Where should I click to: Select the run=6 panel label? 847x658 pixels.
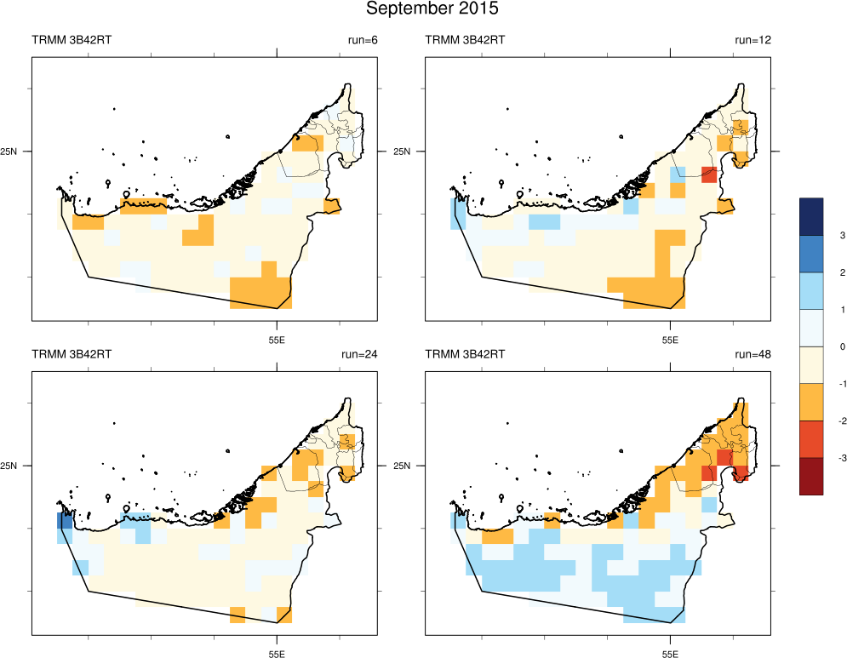click(362, 40)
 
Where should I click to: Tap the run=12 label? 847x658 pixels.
click(752, 40)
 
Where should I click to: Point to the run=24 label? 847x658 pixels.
click(359, 353)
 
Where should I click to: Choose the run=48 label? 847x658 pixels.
click(752, 353)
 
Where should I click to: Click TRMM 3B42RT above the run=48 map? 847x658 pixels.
click(464, 353)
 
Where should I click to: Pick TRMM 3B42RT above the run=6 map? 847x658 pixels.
click(72, 40)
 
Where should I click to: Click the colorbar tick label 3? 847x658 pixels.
click(818, 235)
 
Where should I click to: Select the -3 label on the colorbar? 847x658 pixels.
click(820, 458)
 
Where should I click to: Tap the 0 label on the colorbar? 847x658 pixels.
click(818, 346)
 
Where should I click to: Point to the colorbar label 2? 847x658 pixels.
click(818, 272)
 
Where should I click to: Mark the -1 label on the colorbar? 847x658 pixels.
click(820, 384)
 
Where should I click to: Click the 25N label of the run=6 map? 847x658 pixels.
click(14, 152)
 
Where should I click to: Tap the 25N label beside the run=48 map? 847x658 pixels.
click(406, 466)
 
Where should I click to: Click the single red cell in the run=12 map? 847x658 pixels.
click(708, 176)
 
